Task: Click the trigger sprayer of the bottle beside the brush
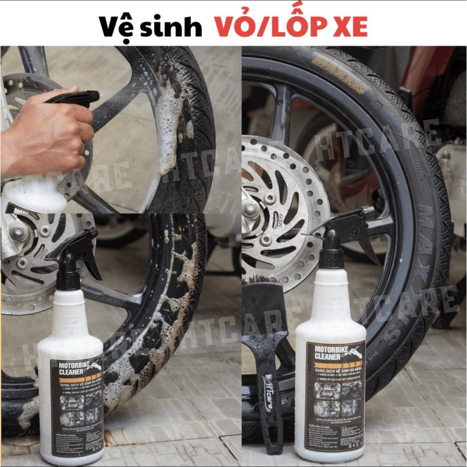pyautogui.click(x=347, y=228)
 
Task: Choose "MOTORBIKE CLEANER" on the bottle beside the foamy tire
pyautogui.click(x=72, y=368)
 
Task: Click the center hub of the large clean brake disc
pyautogui.click(x=251, y=208)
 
